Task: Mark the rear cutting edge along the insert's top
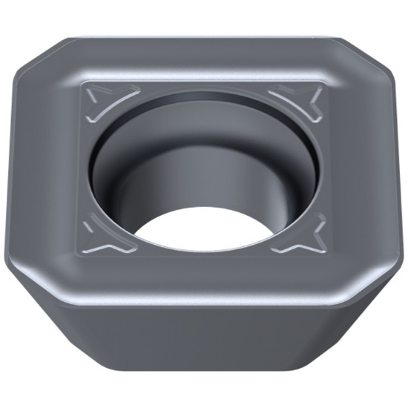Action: point(204,37)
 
